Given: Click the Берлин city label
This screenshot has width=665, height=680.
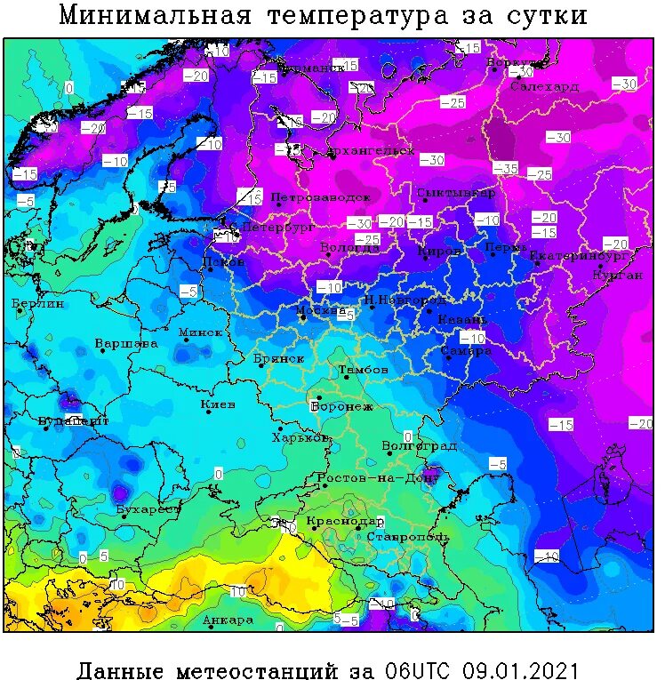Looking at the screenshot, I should click(x=39, y=304).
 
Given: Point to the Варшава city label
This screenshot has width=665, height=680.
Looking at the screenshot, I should click(x=127, y=343).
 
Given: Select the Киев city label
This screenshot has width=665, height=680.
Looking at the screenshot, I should click(x=218, y=404).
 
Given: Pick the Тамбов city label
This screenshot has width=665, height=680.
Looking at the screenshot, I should click(x=363, y=369).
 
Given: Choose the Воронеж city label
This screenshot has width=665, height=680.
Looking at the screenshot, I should click(x=341, y=407).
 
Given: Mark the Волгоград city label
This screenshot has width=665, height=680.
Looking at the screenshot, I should click(x=419, y=445).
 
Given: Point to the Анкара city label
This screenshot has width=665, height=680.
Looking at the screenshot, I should click(x=228, y=620).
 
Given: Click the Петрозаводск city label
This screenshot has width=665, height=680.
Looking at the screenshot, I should click(x=320, y=196).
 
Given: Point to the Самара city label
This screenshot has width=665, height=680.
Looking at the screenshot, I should click(x=466, y=351).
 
